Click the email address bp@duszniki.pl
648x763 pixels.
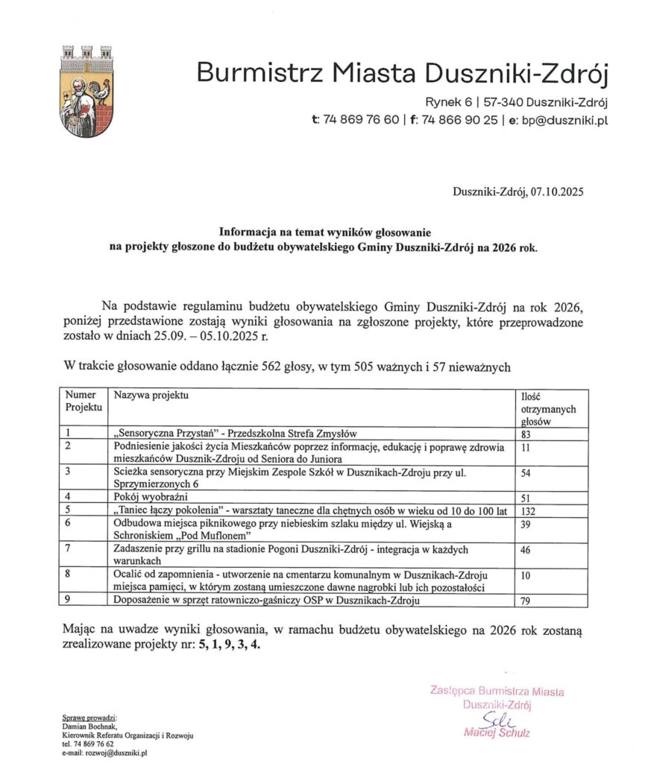click(565, 119)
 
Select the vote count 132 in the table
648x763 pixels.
click(529, 510)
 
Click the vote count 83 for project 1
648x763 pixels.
click(526, 434)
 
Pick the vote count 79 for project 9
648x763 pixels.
click(526, 601)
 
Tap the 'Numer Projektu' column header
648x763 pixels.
click(83, 401)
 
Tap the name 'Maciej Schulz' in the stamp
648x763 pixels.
click(497, 733)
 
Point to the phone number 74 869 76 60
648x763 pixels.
click(361, 119)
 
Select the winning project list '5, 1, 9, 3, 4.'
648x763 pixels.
click(229, 645)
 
